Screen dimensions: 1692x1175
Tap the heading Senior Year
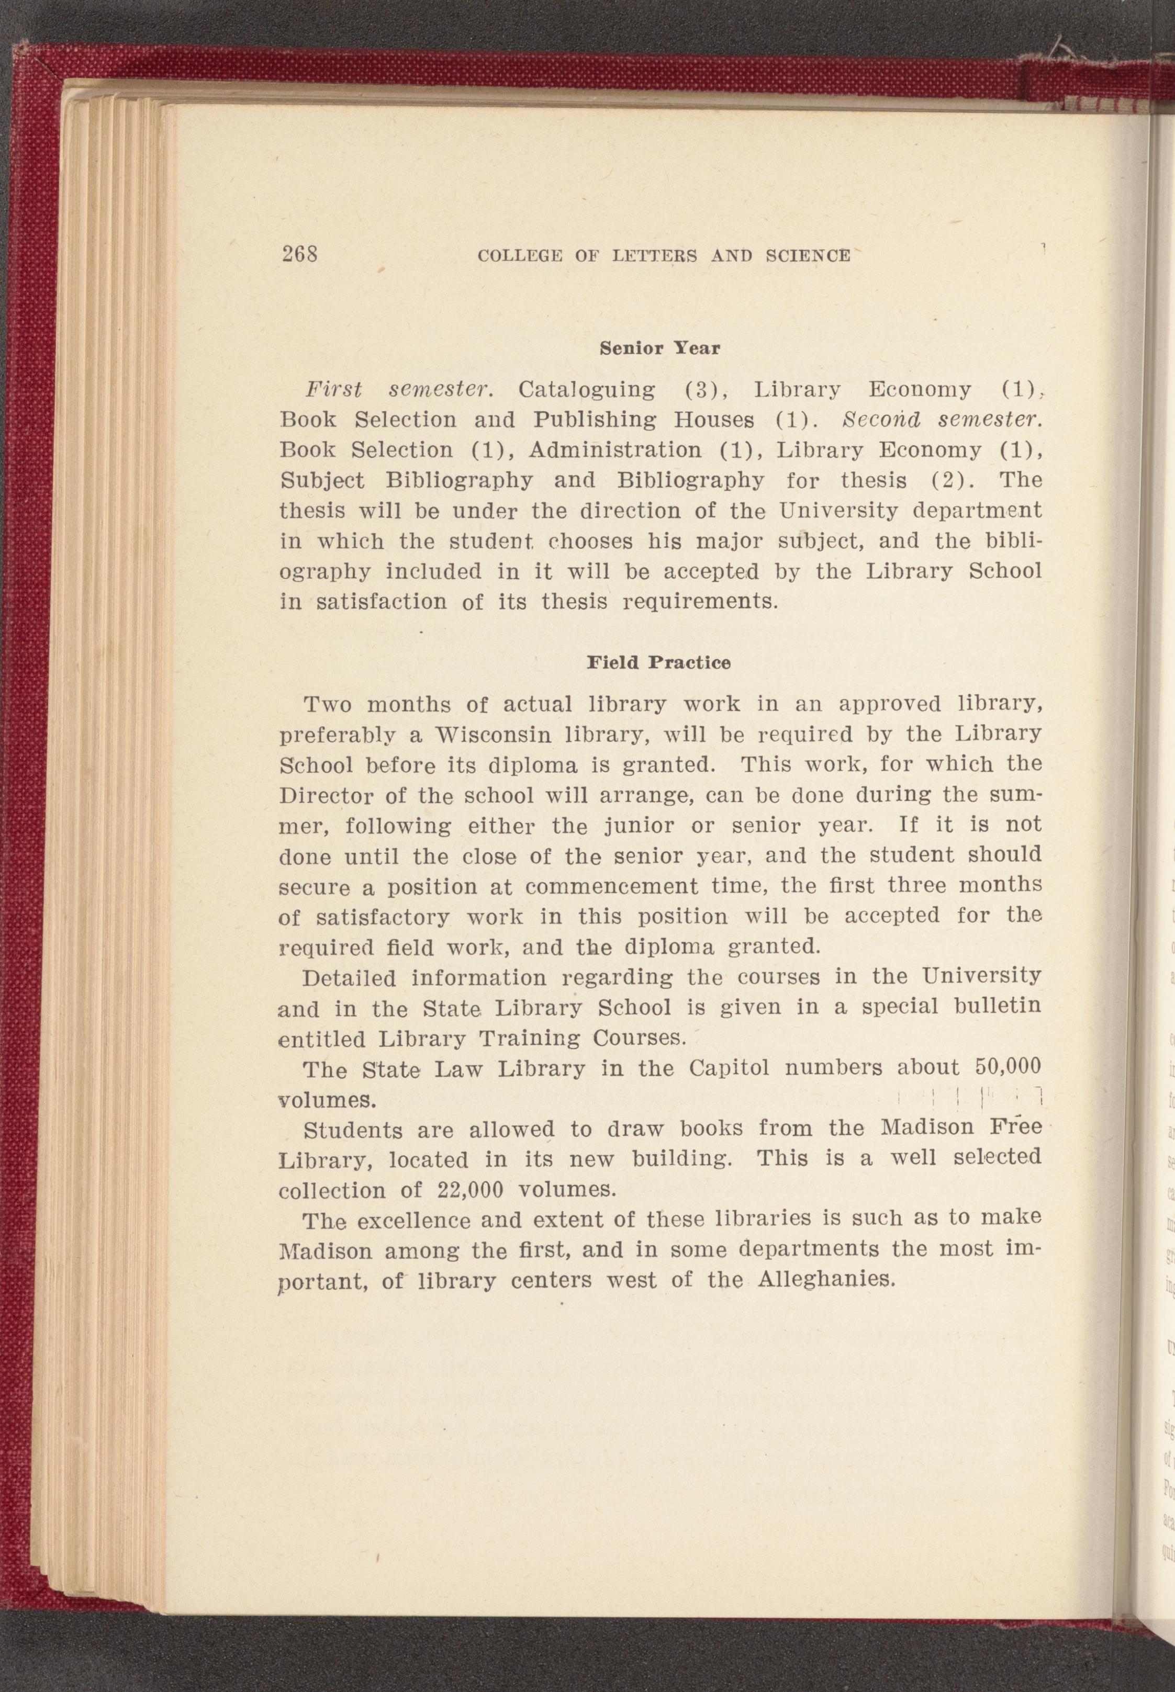click(659, 348)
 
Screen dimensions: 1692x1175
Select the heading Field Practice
click(658, 662)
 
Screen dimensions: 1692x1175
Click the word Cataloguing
click(587, 389)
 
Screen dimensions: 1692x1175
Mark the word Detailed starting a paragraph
click(349, 979)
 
